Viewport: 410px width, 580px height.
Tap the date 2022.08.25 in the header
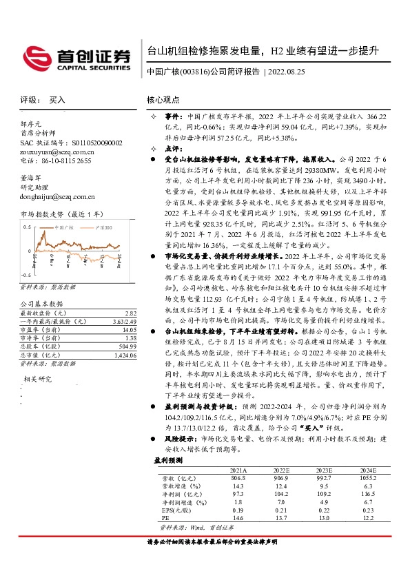[286, 71]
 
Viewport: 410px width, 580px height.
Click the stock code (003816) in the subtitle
[195, 71]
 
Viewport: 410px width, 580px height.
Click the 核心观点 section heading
[165, 100]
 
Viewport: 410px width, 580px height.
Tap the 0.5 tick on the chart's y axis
[28, 226]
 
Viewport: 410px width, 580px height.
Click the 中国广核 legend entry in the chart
[63, 227]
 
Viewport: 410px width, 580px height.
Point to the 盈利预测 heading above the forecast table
[168, 459]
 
